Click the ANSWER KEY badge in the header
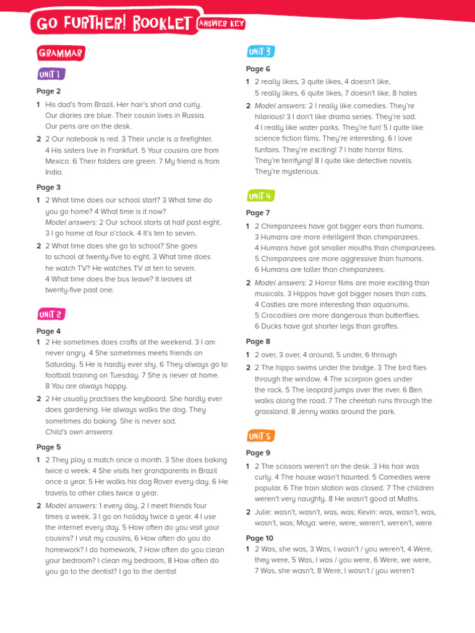tap(221, 24)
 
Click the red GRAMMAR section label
tap(60, 54)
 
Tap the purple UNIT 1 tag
tap(50, 75)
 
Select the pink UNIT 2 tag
tap(51, 315)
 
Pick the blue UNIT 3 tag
tap(260, 52)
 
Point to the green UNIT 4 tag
tap(260, 197)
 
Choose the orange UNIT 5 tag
tap(260, 436)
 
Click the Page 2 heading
tap(48, 91)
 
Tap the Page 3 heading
tap(48, 187)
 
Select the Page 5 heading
tap(48, 447)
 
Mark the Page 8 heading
tap(258, 341)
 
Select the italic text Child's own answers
tap(79, 432)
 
